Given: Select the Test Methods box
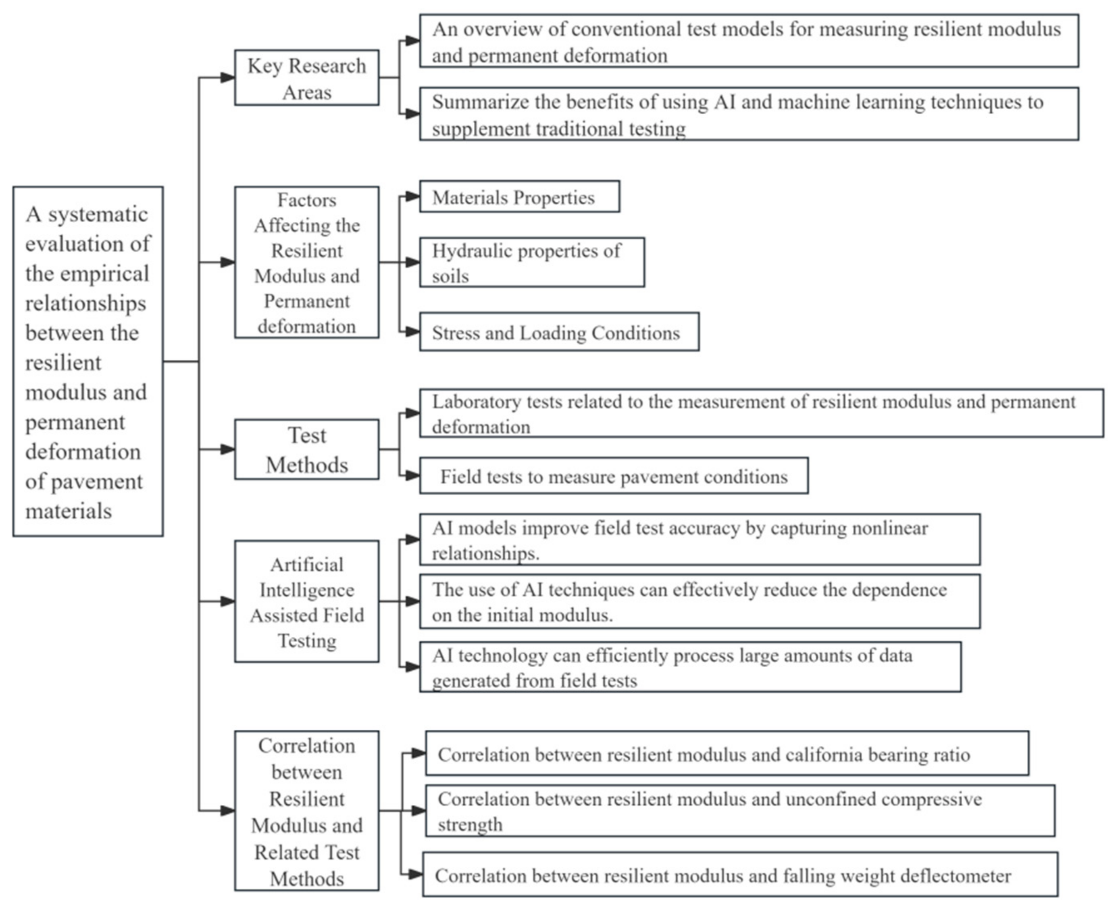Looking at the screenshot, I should click(x=306, y=449).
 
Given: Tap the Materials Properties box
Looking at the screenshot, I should click(x=519, y=197).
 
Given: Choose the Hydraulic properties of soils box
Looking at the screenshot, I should click(x=532, y=263).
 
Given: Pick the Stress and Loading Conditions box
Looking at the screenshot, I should click(x=559, y=332).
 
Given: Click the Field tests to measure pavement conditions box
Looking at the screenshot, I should click(x=614, y=476).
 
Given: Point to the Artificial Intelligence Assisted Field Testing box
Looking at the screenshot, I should click(x=306, y=602).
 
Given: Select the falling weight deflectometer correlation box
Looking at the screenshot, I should click(x=740, y=875).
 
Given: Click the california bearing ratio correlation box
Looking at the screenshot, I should click(x=727, y=754).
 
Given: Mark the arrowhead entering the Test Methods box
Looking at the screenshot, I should click(x=228, y=449).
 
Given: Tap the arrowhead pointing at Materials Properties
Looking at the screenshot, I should click(x=413, y=196).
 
